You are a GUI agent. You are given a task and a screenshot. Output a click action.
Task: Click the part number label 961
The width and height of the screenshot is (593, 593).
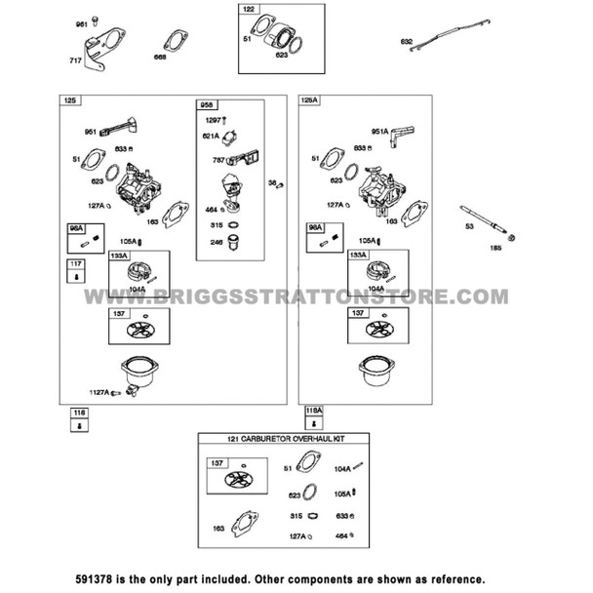click(x=81, y=23)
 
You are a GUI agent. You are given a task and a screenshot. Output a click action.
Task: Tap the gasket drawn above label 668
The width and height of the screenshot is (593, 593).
click(x=177, y=42)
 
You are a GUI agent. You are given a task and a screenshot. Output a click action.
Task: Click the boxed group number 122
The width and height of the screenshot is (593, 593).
click(x=249, y=10)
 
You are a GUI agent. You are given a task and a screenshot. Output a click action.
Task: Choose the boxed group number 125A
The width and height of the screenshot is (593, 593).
click(x=309, y=100)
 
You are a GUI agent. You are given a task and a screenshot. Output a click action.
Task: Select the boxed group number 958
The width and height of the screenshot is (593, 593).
click(x=207, y=104)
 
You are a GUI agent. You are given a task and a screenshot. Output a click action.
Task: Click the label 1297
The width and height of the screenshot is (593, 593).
click(x=214, y=119)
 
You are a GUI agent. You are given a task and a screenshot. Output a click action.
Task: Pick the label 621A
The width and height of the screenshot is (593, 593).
click(x=212, y=136)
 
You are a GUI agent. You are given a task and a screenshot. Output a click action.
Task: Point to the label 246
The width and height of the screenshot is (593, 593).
click(x=217, y=243)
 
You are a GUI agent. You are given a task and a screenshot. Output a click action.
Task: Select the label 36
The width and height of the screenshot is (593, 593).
click(x=272, y=181)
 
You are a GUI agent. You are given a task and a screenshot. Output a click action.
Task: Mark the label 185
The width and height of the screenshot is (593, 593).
click(x=494, y=248)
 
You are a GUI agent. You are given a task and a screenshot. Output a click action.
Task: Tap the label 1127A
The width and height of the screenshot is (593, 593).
click(x=99, y=392)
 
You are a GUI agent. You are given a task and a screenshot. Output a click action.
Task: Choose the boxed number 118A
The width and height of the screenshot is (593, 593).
click(x=313, y=412)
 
